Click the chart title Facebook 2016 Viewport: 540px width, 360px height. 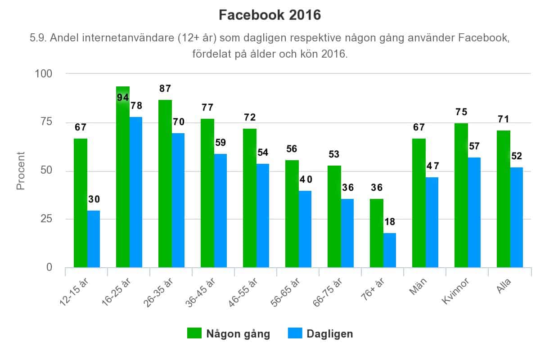[x=270, y=15]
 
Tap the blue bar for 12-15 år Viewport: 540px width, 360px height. [x=94, y=239]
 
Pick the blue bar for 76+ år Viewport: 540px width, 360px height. [x=390, y=250]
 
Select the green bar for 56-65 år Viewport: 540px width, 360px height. [x=292, y=214]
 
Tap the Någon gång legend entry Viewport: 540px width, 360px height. [x=229, y=334]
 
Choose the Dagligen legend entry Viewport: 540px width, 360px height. [x=320, y=334]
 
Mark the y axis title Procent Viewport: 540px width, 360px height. [x=21, y=171]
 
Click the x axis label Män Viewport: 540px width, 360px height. [x=418, y=283]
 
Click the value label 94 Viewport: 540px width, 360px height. [x=123, y=97]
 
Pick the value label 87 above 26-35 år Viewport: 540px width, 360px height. [x=165, y=89]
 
